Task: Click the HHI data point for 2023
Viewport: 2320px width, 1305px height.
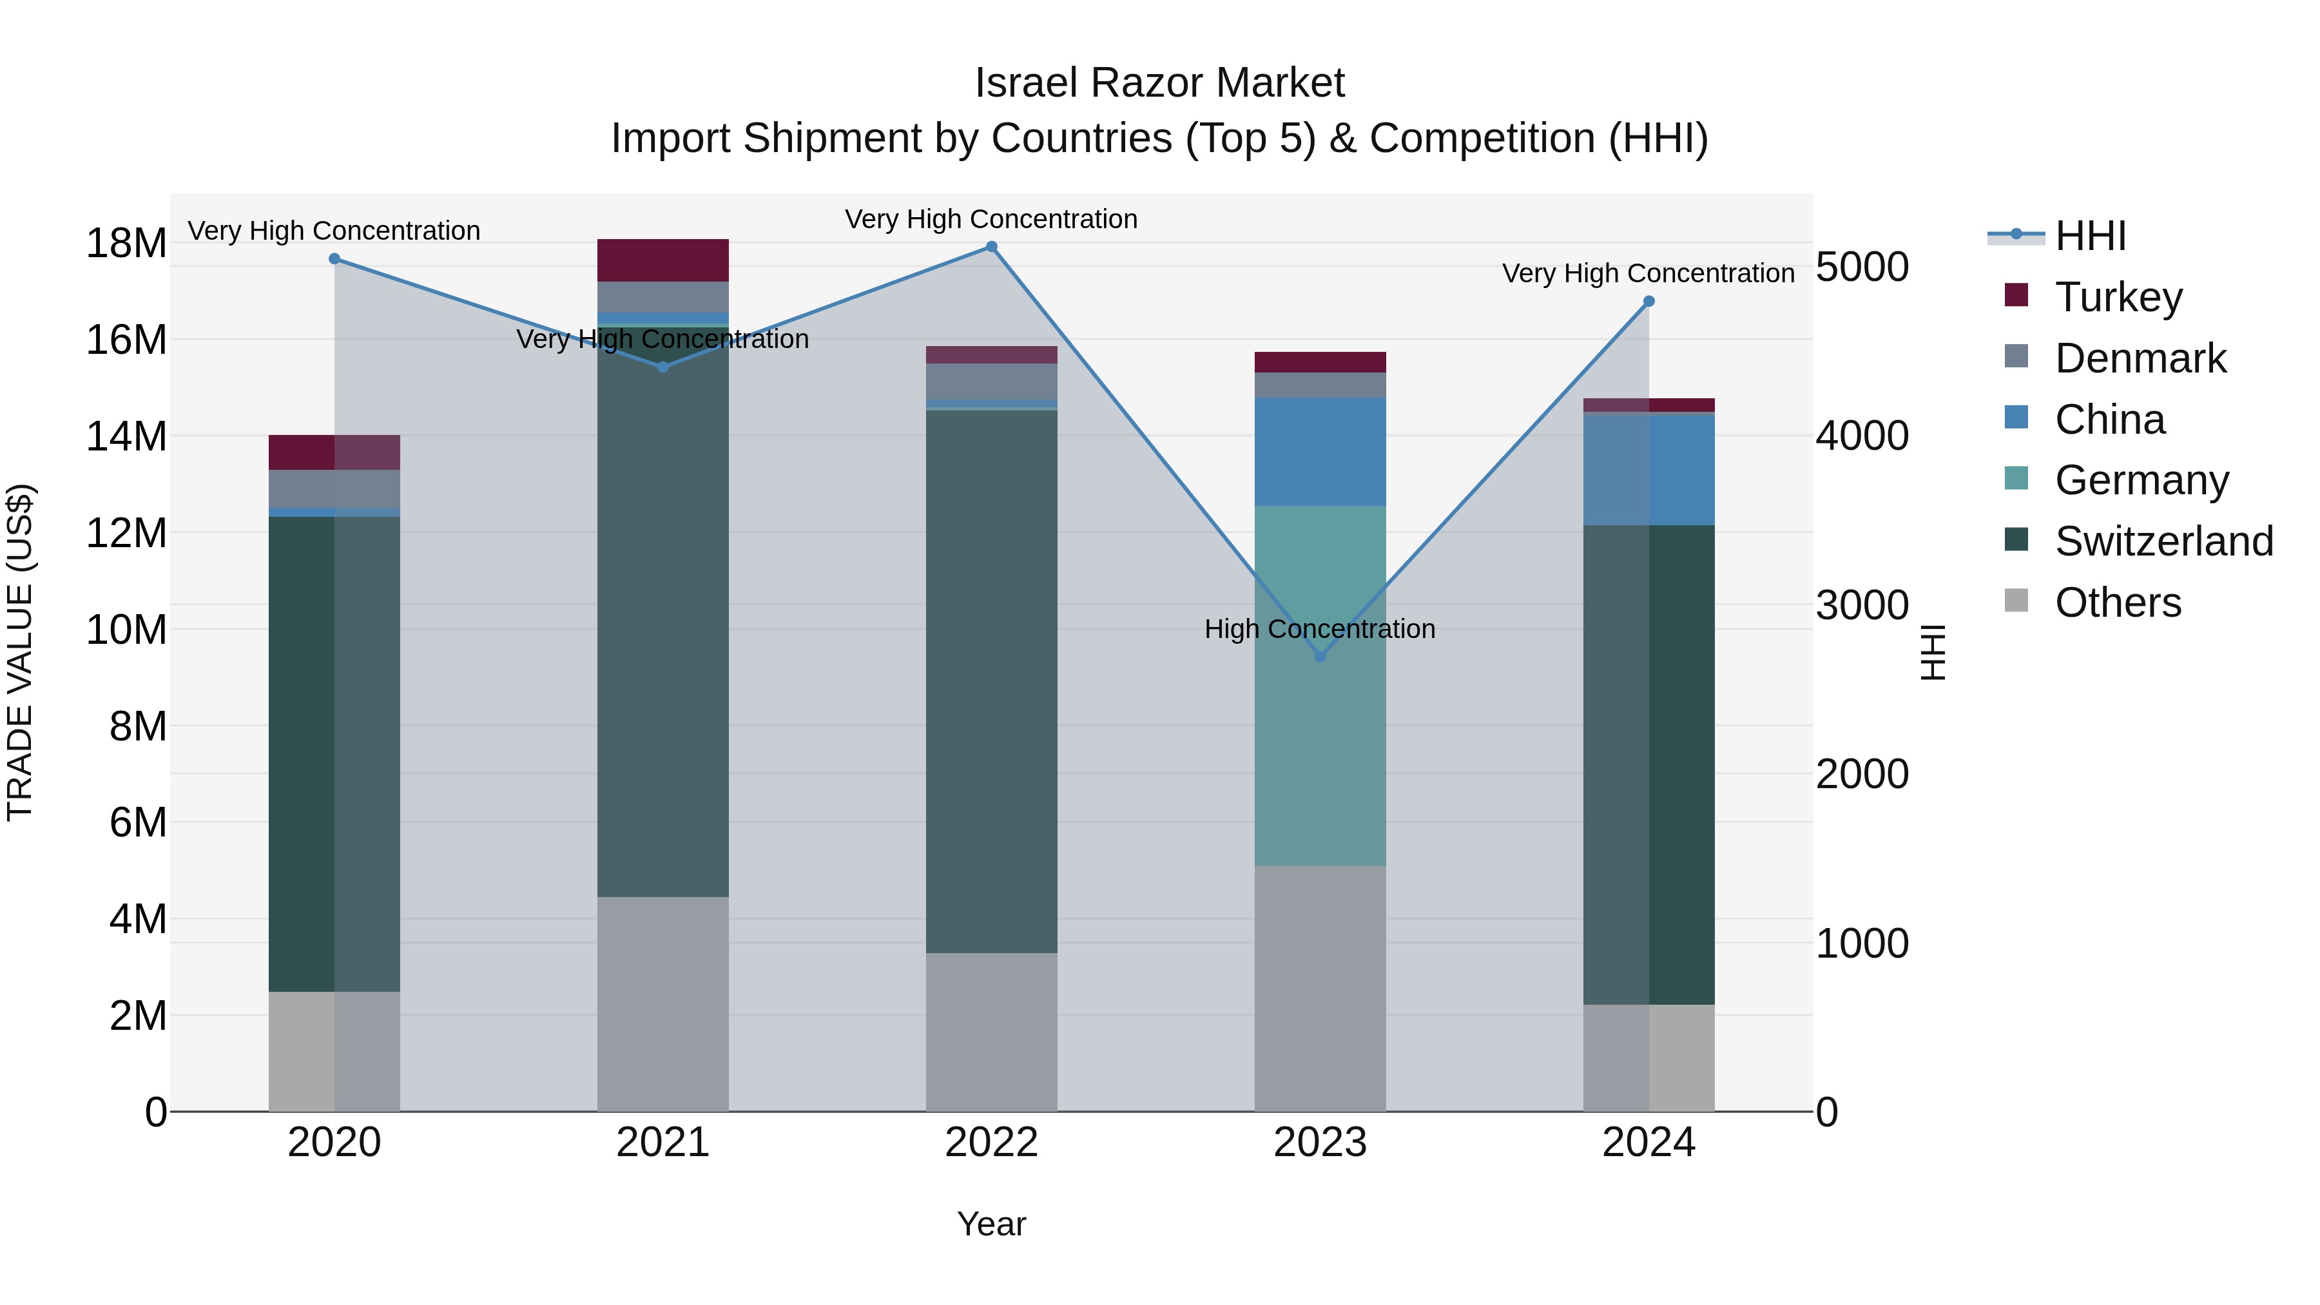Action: pos(1320,657)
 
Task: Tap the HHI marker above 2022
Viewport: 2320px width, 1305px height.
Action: pos(992,247)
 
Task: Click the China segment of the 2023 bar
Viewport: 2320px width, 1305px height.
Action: pos(1320,451)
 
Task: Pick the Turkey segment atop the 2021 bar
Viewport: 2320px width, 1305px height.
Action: pos(663,260)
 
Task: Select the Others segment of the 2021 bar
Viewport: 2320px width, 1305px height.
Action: pos(663,1004)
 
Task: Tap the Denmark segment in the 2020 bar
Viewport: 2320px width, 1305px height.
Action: pos(334,489)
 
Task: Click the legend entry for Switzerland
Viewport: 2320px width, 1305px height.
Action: pos(2163,541)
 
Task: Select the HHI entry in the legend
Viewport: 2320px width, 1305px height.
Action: pos(2089,236)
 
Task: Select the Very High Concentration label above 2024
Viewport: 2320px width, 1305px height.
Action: pos(1648,273)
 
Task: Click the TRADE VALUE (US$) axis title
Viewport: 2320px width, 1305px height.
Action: pos(20,652)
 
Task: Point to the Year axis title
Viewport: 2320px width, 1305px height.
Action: pos(992,1224)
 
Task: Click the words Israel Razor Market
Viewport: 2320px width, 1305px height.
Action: pos(1159,83)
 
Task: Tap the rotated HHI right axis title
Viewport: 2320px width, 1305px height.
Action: pos(1933,652)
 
